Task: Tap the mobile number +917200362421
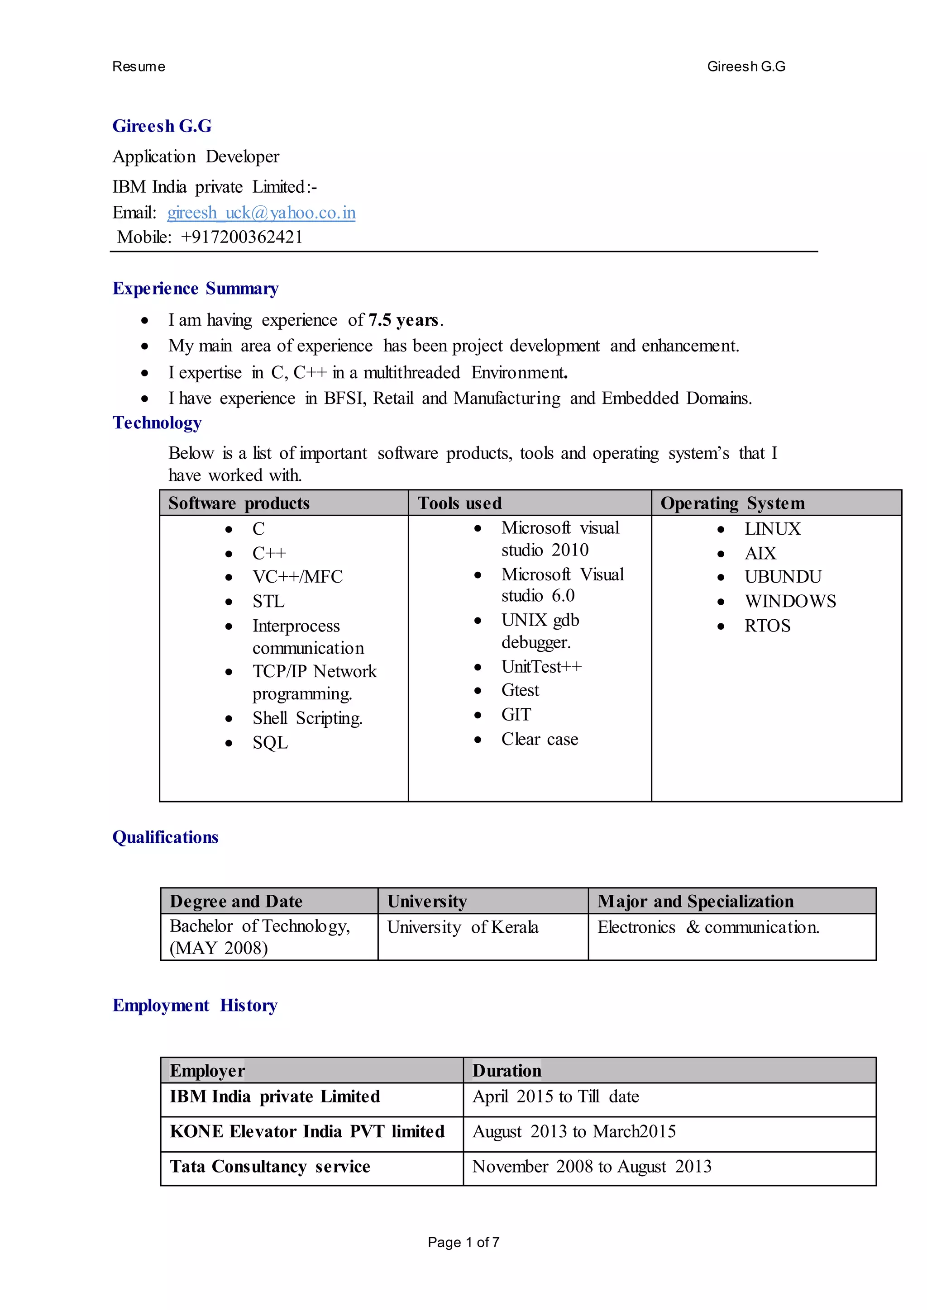point(241,237)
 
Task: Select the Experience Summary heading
point(195,289)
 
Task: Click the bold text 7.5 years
point(404,320)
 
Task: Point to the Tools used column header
point(459,503)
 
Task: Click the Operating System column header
point(732,503)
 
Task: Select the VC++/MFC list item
point(297,577)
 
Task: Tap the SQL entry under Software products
point(270,743)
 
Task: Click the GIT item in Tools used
point(516,714)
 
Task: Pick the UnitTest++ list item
point(541,666)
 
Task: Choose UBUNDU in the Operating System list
point(783,577)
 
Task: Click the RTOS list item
point(767,626)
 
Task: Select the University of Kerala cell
point(462,927)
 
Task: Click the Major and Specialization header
point(695,902)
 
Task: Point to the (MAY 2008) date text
point(219,948)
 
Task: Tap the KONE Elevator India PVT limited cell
point(306,1131)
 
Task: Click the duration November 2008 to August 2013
point(591,1166)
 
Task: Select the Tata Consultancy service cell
point(269,1166)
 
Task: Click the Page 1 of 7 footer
point(463,1242)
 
